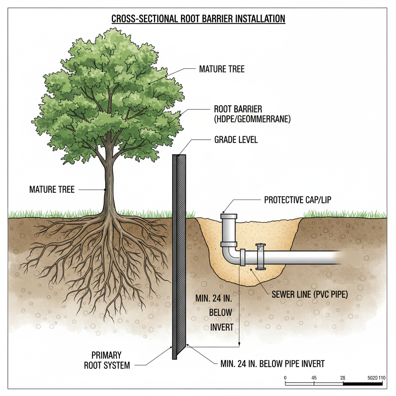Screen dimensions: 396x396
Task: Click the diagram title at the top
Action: [198, 19]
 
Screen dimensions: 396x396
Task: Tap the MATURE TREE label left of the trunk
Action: [52, 190]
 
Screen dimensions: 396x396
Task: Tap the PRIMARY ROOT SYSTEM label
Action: [106, 360]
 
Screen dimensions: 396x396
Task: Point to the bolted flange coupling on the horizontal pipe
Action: [260, 256]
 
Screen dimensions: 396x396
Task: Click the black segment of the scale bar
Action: [362, 384]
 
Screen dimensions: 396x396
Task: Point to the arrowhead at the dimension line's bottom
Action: [240, 344]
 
